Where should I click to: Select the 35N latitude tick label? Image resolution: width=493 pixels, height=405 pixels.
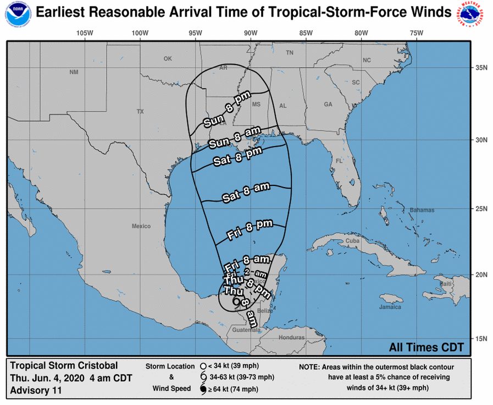point(481,68)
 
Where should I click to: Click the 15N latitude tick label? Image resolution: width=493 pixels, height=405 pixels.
point(481,338)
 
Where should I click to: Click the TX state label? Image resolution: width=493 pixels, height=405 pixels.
point(140,112)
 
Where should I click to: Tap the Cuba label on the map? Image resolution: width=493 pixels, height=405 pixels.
point(352,241)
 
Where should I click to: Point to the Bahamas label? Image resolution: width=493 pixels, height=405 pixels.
point(422,210)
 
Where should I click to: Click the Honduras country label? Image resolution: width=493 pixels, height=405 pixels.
point(291,337)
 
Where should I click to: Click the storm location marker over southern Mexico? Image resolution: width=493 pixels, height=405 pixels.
point(236,301)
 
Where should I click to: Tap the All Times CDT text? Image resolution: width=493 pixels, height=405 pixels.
point(426,347)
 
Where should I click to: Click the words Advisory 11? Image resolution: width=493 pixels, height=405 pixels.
point(36,391)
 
